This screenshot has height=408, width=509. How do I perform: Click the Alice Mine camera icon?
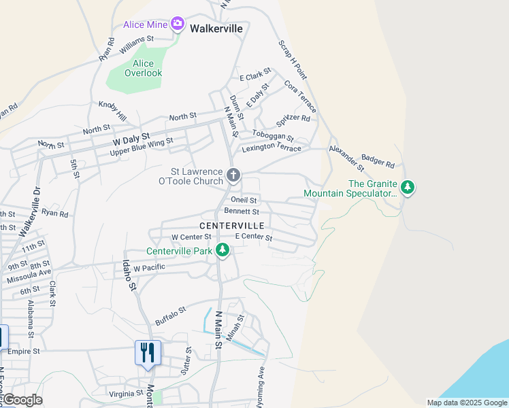point(178,24)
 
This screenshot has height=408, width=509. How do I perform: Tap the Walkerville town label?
point(216,29)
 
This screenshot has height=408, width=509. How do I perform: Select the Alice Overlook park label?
point(144,68)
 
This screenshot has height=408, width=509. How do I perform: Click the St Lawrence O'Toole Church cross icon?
point(233,176)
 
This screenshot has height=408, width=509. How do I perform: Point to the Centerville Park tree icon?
point(222,250)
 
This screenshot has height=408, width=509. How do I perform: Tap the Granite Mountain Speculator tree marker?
point(407,186)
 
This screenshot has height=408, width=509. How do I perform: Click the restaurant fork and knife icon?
point(148,353)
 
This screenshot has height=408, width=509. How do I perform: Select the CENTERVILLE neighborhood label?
point(231,225)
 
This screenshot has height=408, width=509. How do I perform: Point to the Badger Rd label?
point(378,160)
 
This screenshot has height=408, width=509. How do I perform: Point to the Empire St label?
point(24,351)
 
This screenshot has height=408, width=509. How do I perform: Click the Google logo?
point(22,400)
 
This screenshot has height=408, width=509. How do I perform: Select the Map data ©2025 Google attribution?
point(466,402)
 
